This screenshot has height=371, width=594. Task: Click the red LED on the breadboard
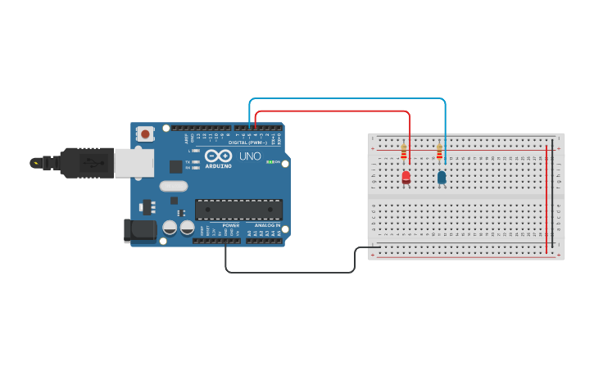point(406,176)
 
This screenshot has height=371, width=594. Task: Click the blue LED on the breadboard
point(442,176)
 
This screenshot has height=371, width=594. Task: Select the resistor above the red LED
point(403,152)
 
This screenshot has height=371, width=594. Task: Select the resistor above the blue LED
point(439,152)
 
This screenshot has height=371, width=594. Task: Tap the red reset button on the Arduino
point(145,133)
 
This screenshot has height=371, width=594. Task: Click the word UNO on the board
point(250,156)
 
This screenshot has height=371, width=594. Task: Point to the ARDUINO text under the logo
point(218,166)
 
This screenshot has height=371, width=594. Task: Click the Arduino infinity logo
point(218,156)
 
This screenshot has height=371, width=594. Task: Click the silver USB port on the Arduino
point(133,162)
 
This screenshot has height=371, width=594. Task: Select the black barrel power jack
point(139,230)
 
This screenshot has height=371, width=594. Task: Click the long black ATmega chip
point(238,209)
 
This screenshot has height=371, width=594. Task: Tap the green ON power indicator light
point(270,162)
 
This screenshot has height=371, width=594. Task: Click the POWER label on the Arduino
point(230,225)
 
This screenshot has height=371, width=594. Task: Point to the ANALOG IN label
point(266,225)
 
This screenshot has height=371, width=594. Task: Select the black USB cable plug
point(86,162)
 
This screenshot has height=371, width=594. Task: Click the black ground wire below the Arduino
point(291,272)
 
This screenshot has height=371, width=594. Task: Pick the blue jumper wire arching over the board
point(344,99)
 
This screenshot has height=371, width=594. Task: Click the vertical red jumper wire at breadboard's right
point(546,197)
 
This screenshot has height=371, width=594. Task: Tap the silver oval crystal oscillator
point(174,186)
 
